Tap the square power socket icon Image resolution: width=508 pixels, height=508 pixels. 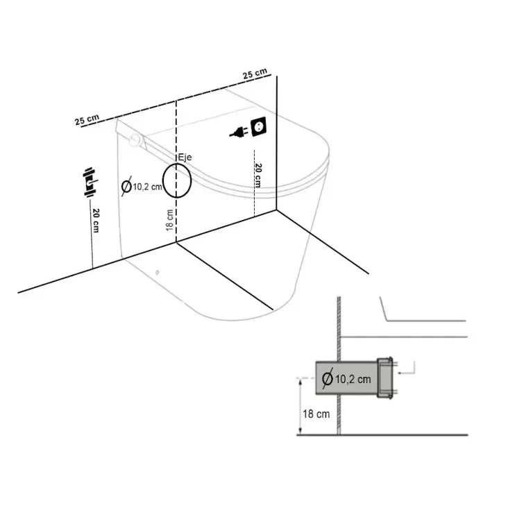[259, 127]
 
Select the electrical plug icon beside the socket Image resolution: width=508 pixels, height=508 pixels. [238, 131]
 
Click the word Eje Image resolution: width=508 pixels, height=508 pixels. [185, 158]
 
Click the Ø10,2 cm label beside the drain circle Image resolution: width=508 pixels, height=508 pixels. [142, 186]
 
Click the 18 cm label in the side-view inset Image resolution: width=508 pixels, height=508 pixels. [316, 414]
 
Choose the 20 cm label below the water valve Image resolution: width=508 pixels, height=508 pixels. [94, 220]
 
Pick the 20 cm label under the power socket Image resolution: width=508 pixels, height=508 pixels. [257, 176]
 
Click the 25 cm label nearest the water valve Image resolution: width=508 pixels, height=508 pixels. [87, 119]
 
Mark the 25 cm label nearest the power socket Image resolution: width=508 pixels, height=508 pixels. [255, 74]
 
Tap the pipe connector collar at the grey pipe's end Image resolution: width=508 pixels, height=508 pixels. [384, 378]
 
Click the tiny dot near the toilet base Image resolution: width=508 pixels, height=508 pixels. [158, 272]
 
